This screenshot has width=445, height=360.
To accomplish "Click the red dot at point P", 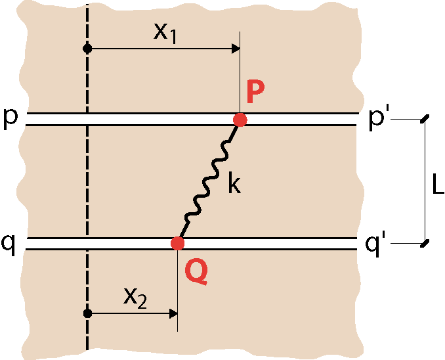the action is pos(240,120).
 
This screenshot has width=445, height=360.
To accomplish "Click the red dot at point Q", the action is pos(178,244).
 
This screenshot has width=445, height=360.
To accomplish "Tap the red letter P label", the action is pos(255,91).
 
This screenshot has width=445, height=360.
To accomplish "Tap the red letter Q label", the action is pos(196,272).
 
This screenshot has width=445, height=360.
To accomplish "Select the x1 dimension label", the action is pos(165,34).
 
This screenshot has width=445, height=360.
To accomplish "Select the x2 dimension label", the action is pos(135,299).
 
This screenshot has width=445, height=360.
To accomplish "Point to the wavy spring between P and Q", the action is pos(209,182).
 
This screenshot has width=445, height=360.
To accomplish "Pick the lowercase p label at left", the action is pos(11,120).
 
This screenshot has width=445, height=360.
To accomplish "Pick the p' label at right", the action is pos(377,120).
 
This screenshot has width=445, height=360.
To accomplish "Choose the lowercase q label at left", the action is pos(9,245).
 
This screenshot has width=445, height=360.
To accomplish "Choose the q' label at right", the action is pos(375,245).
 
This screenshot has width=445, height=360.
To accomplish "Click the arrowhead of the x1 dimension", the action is pos(236,49).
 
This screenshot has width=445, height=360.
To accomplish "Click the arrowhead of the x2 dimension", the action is pos(173,313).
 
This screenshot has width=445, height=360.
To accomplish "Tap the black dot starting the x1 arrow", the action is pos(87,49).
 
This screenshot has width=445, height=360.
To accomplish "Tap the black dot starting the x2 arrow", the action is pos(87,313).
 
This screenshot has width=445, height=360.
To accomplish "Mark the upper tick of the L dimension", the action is pos(425,119).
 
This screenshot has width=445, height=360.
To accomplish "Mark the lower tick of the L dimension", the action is pos(425,244).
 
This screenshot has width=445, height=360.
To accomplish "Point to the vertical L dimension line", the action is pos(425,181).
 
